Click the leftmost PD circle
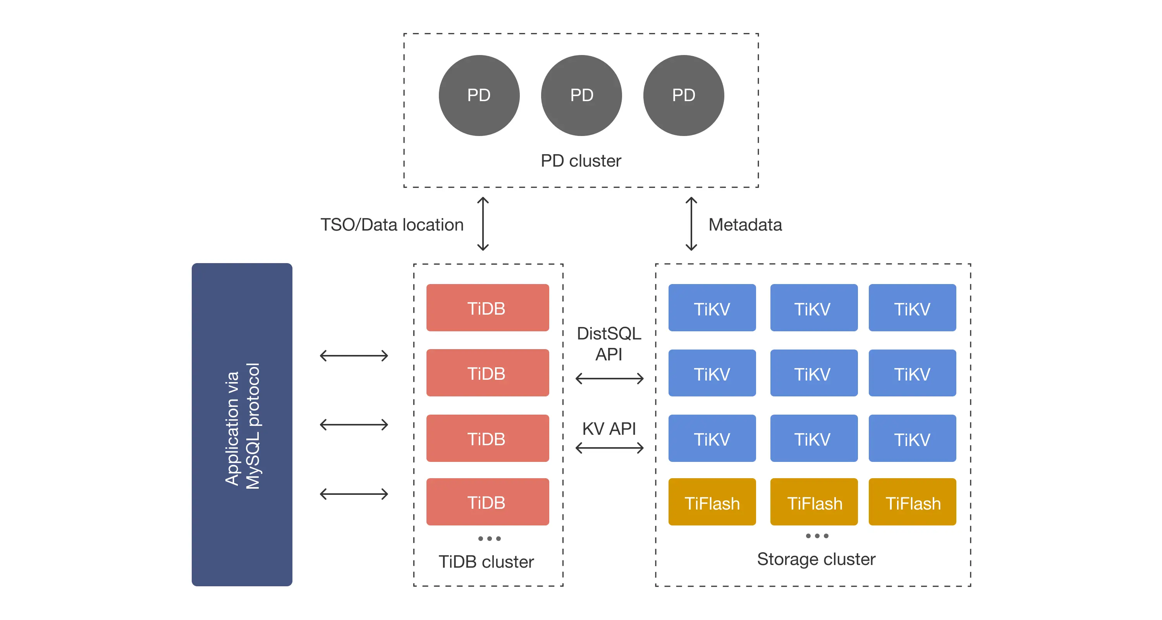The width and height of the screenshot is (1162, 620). [479, 95]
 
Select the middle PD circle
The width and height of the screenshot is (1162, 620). [581, 95]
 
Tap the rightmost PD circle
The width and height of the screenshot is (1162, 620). [683, 95]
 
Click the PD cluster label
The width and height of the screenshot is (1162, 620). [581, 161]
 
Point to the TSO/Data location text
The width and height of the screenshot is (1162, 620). [392, 225]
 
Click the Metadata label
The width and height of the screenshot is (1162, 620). [745, 225]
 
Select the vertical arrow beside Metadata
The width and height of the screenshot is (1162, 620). [691, 224]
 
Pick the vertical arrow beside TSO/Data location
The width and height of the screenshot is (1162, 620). [483, 224]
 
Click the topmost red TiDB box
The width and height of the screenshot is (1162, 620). [487, 308]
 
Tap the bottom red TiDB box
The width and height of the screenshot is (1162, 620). [487, 502]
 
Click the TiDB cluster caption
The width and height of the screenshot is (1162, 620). [486, 562]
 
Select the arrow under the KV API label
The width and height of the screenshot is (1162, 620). [609, 448]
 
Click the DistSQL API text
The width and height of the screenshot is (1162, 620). [609, 343]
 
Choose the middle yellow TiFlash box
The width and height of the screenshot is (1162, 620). [814, 502]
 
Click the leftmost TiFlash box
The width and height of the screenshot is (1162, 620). [712, 502]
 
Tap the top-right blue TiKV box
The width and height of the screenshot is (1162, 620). [912, 308]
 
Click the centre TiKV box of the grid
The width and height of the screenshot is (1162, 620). [814, 373]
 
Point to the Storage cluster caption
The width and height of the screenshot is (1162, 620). [816, 559]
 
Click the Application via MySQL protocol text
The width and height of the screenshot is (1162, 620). [242, 425]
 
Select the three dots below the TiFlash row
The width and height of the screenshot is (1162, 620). [817, 536]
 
